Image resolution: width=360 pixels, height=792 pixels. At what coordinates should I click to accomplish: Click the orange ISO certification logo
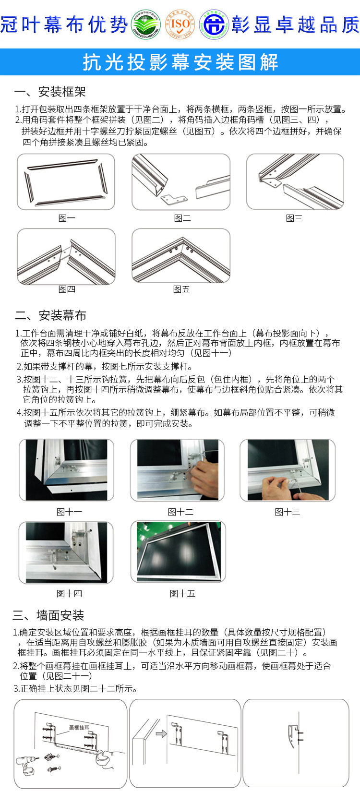tap(180, 24)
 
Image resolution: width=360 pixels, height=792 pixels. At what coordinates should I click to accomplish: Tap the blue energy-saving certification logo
tap(214, 24)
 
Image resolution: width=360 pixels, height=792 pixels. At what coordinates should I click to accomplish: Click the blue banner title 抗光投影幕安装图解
tap(180, 62)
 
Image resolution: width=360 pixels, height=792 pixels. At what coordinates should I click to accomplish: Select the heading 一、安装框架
tap(50, 91)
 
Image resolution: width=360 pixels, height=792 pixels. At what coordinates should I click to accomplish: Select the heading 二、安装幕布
tap(50, 315)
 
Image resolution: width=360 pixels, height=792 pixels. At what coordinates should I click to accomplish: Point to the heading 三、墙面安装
tap(48, 615)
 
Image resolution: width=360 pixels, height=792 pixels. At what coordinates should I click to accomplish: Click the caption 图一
tap(67, 218)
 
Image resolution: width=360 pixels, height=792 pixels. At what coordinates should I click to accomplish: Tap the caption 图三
tap(294, 218)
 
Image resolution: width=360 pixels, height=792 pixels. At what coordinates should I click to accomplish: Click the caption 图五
tap(181, 289)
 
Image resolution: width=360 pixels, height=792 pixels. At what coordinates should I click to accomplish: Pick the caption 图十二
tap(180, 512)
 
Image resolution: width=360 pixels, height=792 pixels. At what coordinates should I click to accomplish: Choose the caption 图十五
tap(182, 594)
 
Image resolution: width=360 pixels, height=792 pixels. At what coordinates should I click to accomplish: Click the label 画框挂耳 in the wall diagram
tap(79, 728)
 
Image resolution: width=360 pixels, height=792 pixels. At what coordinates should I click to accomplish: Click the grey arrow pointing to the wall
tap(161, 733)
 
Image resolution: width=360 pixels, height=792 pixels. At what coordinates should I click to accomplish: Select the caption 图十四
tap(69, 594)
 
